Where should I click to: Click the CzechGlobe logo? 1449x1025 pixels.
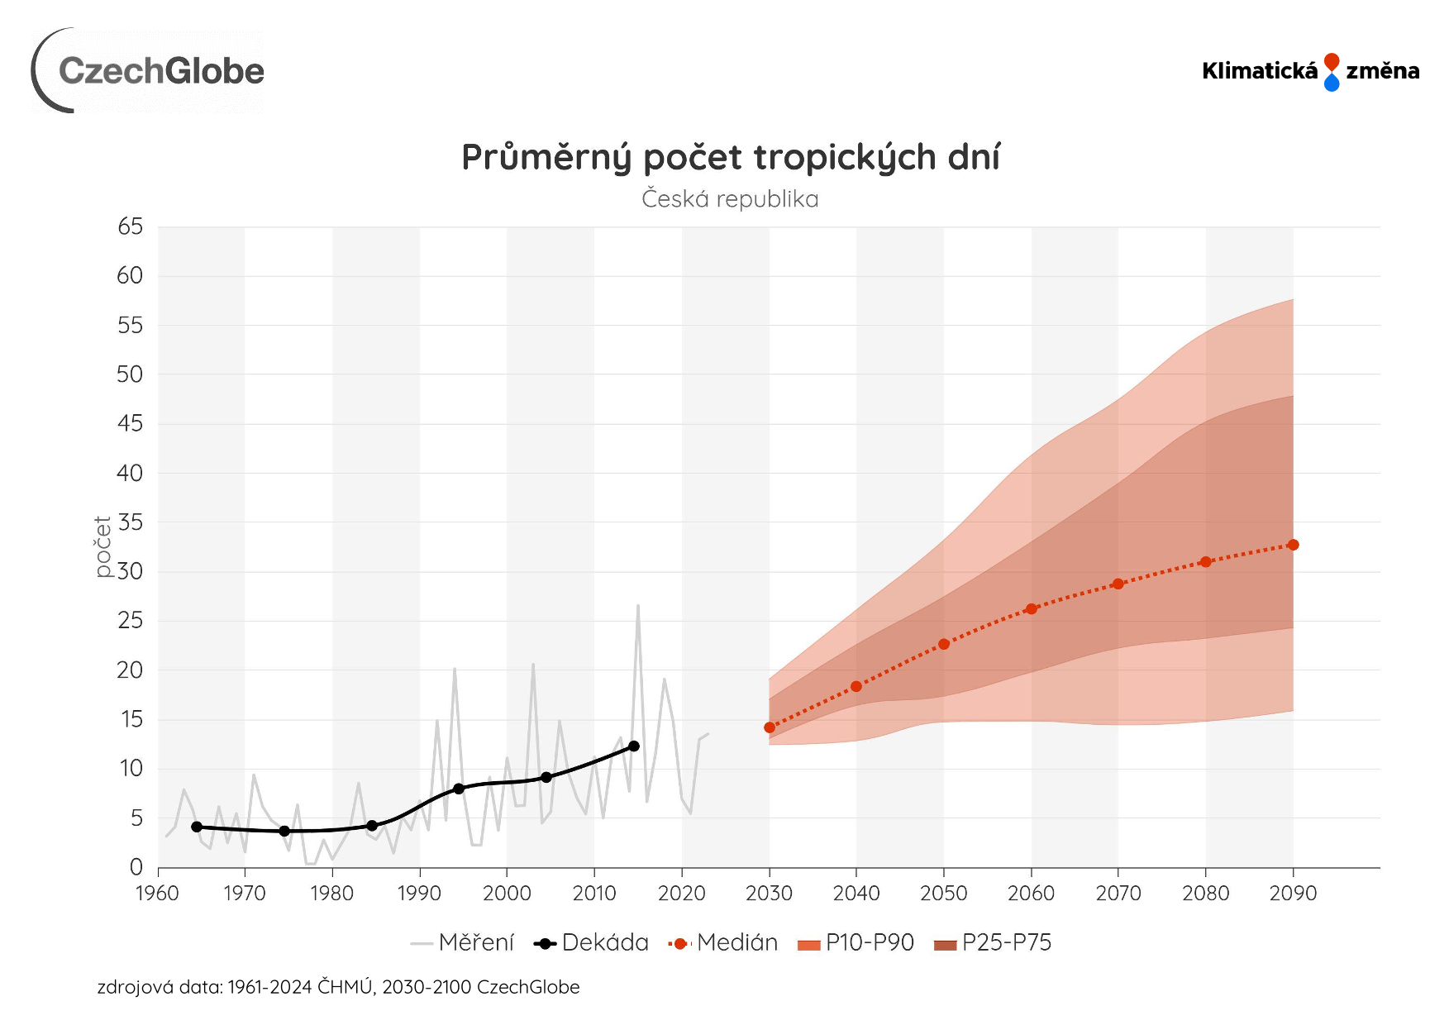point(149,71)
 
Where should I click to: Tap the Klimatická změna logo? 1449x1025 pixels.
point(1310,72)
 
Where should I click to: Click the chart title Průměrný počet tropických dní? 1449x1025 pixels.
point(730,157)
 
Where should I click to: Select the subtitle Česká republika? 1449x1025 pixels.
point(730,199)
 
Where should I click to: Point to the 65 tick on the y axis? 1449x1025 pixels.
point(130,226)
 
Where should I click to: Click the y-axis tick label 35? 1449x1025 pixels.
point(130,522)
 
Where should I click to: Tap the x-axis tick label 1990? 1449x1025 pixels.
point(419,894)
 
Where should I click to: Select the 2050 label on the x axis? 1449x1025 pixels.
point(943,894)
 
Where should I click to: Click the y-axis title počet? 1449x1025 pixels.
point(103,546)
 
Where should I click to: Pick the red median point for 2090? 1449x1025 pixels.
point(1293,545)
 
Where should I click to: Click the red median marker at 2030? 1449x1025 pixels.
point(770,727)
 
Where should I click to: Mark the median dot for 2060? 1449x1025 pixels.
point(1031,609)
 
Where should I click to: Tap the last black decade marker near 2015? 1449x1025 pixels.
point(634,746)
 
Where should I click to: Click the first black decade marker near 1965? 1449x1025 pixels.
point(197,827)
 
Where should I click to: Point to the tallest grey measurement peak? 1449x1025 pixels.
point(638,606)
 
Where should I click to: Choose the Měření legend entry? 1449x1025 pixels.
point(463,943)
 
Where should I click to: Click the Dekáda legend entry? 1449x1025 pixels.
point(592,943)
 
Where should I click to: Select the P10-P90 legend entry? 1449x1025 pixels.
point(856,943)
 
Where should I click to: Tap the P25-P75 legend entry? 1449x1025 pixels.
point(993,943)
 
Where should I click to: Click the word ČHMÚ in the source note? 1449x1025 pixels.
point(345,987)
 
